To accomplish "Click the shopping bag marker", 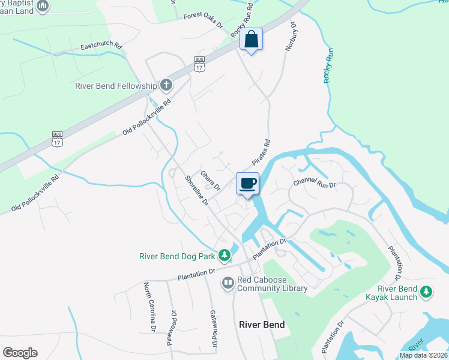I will tap(252, 40).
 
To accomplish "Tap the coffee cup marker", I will tap(247, 184).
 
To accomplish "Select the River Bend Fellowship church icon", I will tap(166, 85).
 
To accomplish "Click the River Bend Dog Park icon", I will tap(224, 256).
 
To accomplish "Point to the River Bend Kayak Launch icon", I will tap(426, 292).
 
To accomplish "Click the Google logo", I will tap(20, 353).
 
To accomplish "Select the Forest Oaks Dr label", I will tap(203, 22).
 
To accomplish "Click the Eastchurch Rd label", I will tap(101, 46).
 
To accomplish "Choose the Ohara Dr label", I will tap(210, 179).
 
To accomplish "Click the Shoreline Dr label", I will tap(196, 191).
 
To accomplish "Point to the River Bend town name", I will tap(262, 325).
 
